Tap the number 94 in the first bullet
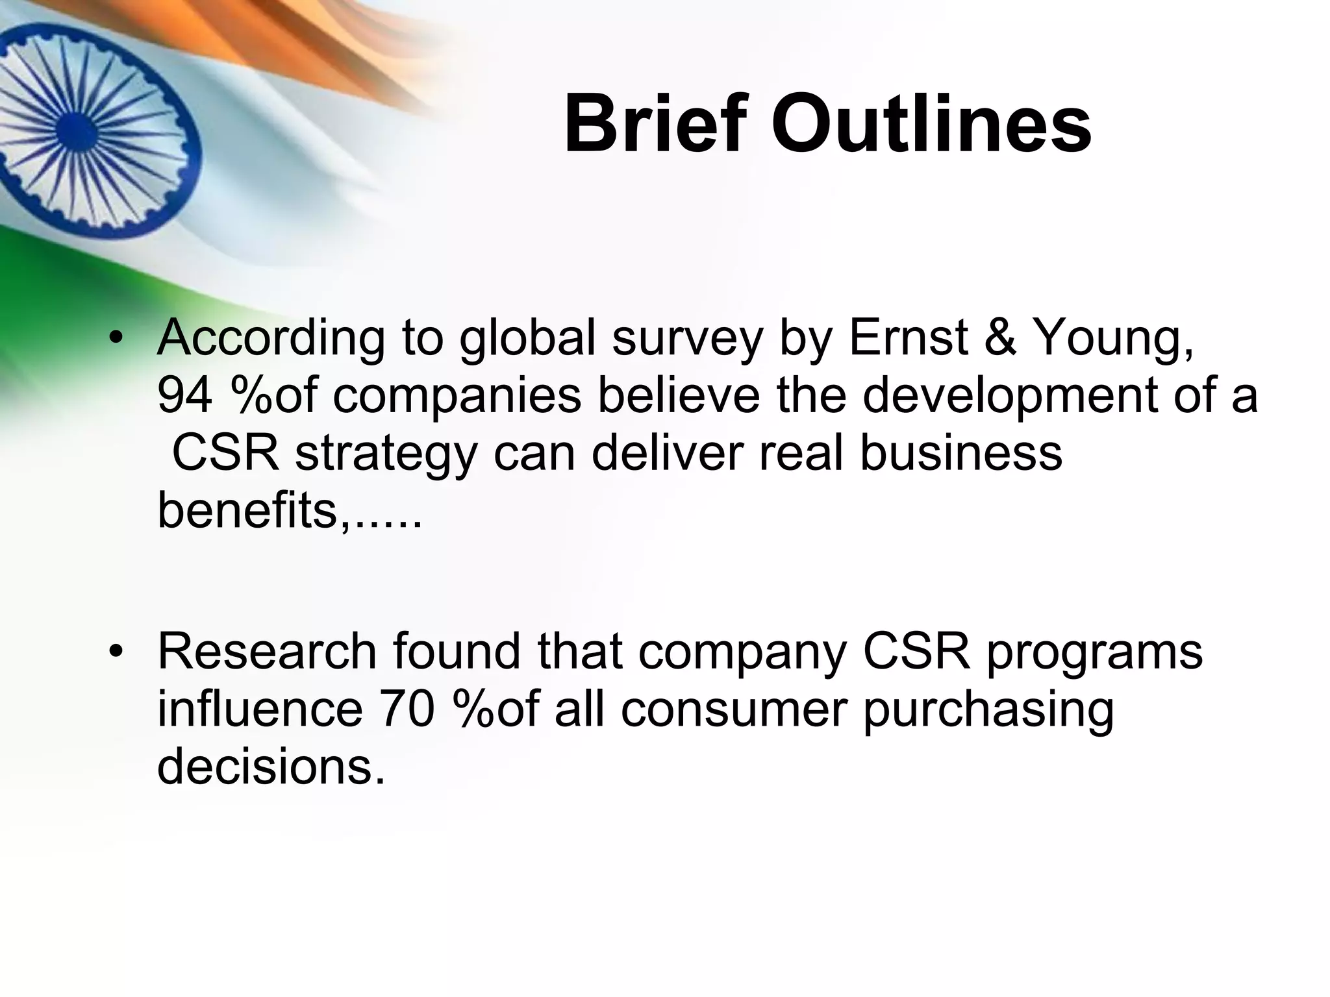(184, 396)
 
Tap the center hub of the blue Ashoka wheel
(76, 128)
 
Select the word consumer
(734, 711)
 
